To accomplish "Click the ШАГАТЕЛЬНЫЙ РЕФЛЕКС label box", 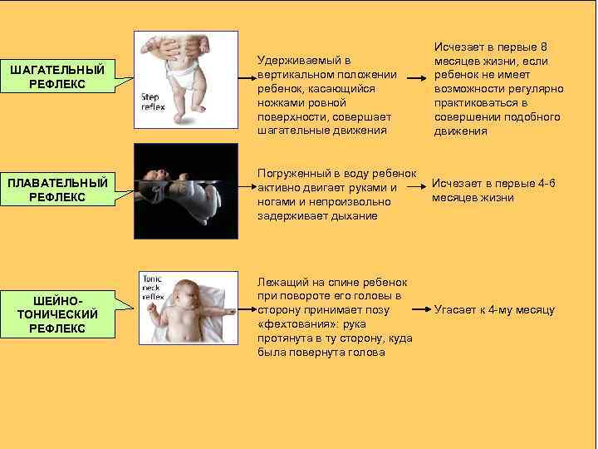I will click(57, 77).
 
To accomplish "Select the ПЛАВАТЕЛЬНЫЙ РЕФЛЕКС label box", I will click(57, 190).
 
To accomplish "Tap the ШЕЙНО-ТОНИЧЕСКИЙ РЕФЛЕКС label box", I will click(57, 313).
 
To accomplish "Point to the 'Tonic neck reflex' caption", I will click(154, 287).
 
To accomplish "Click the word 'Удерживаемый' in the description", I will click(298, 61).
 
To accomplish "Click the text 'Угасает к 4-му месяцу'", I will click(494, 310).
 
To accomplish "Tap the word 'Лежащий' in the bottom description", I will click(282, 281).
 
